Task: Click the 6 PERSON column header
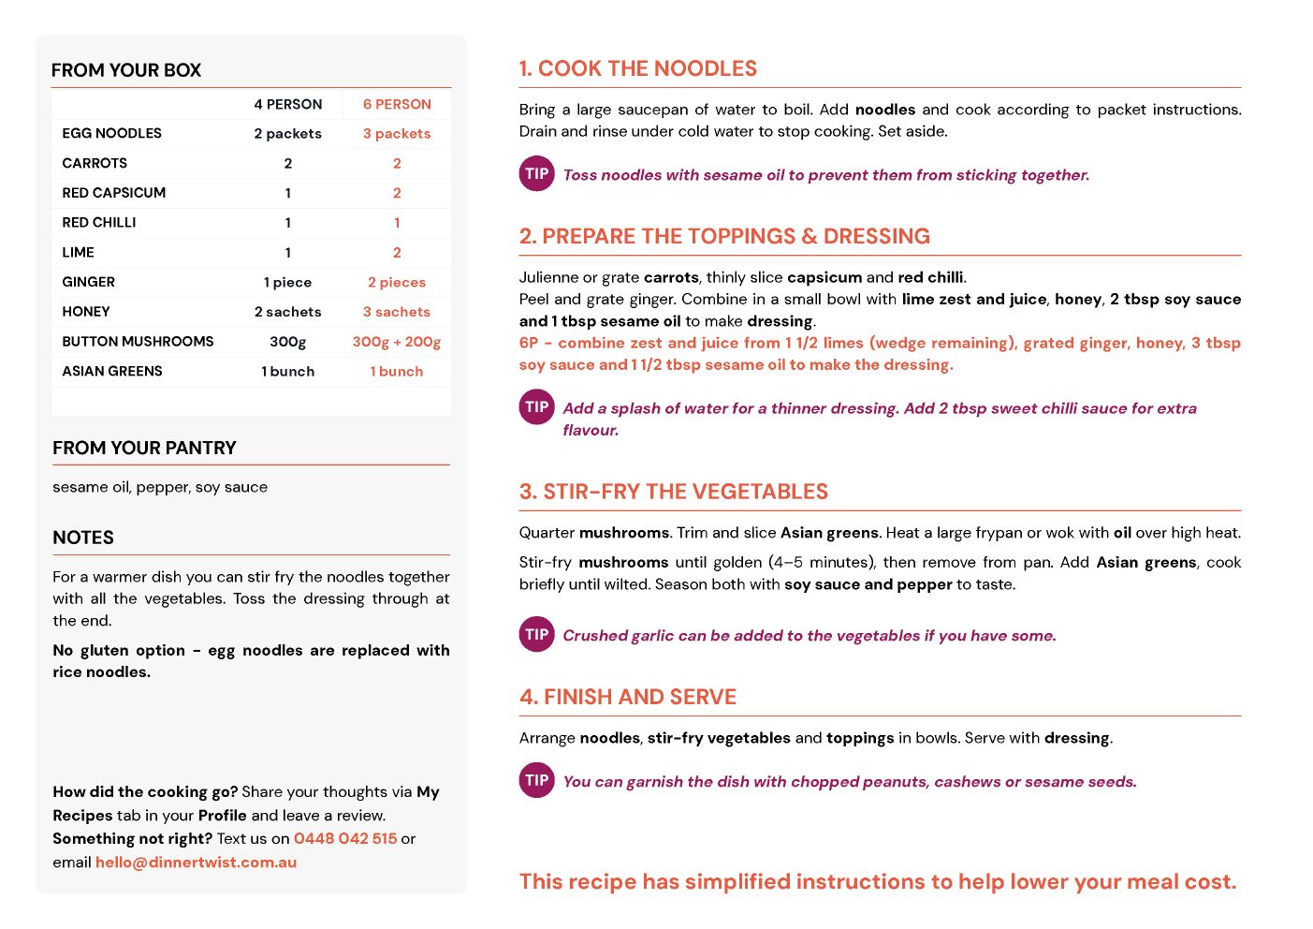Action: [397, 104]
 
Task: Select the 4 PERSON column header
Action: [287, 104]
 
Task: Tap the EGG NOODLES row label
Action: [111, 133]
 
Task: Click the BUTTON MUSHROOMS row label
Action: [138, 341]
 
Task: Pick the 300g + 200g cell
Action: [396, 342]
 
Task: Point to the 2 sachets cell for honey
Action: [287, 312]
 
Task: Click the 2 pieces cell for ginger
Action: [396, 282]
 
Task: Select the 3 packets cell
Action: [396, 134]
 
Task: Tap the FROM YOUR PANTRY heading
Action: [144, 448]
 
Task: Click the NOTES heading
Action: [83, 538]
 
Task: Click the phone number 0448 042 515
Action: [345, 838]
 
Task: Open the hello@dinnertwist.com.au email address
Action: [196, 862]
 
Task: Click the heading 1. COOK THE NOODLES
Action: [637, 68]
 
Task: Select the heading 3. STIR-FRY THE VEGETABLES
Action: [673, 492]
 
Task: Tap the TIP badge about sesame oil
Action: [537, 174]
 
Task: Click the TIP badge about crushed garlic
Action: [537, 635]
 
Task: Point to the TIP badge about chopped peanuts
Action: [537, 781]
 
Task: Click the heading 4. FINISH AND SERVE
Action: [627, 697]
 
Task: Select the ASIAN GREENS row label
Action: [112, 371]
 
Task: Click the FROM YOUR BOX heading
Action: [126, 70]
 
